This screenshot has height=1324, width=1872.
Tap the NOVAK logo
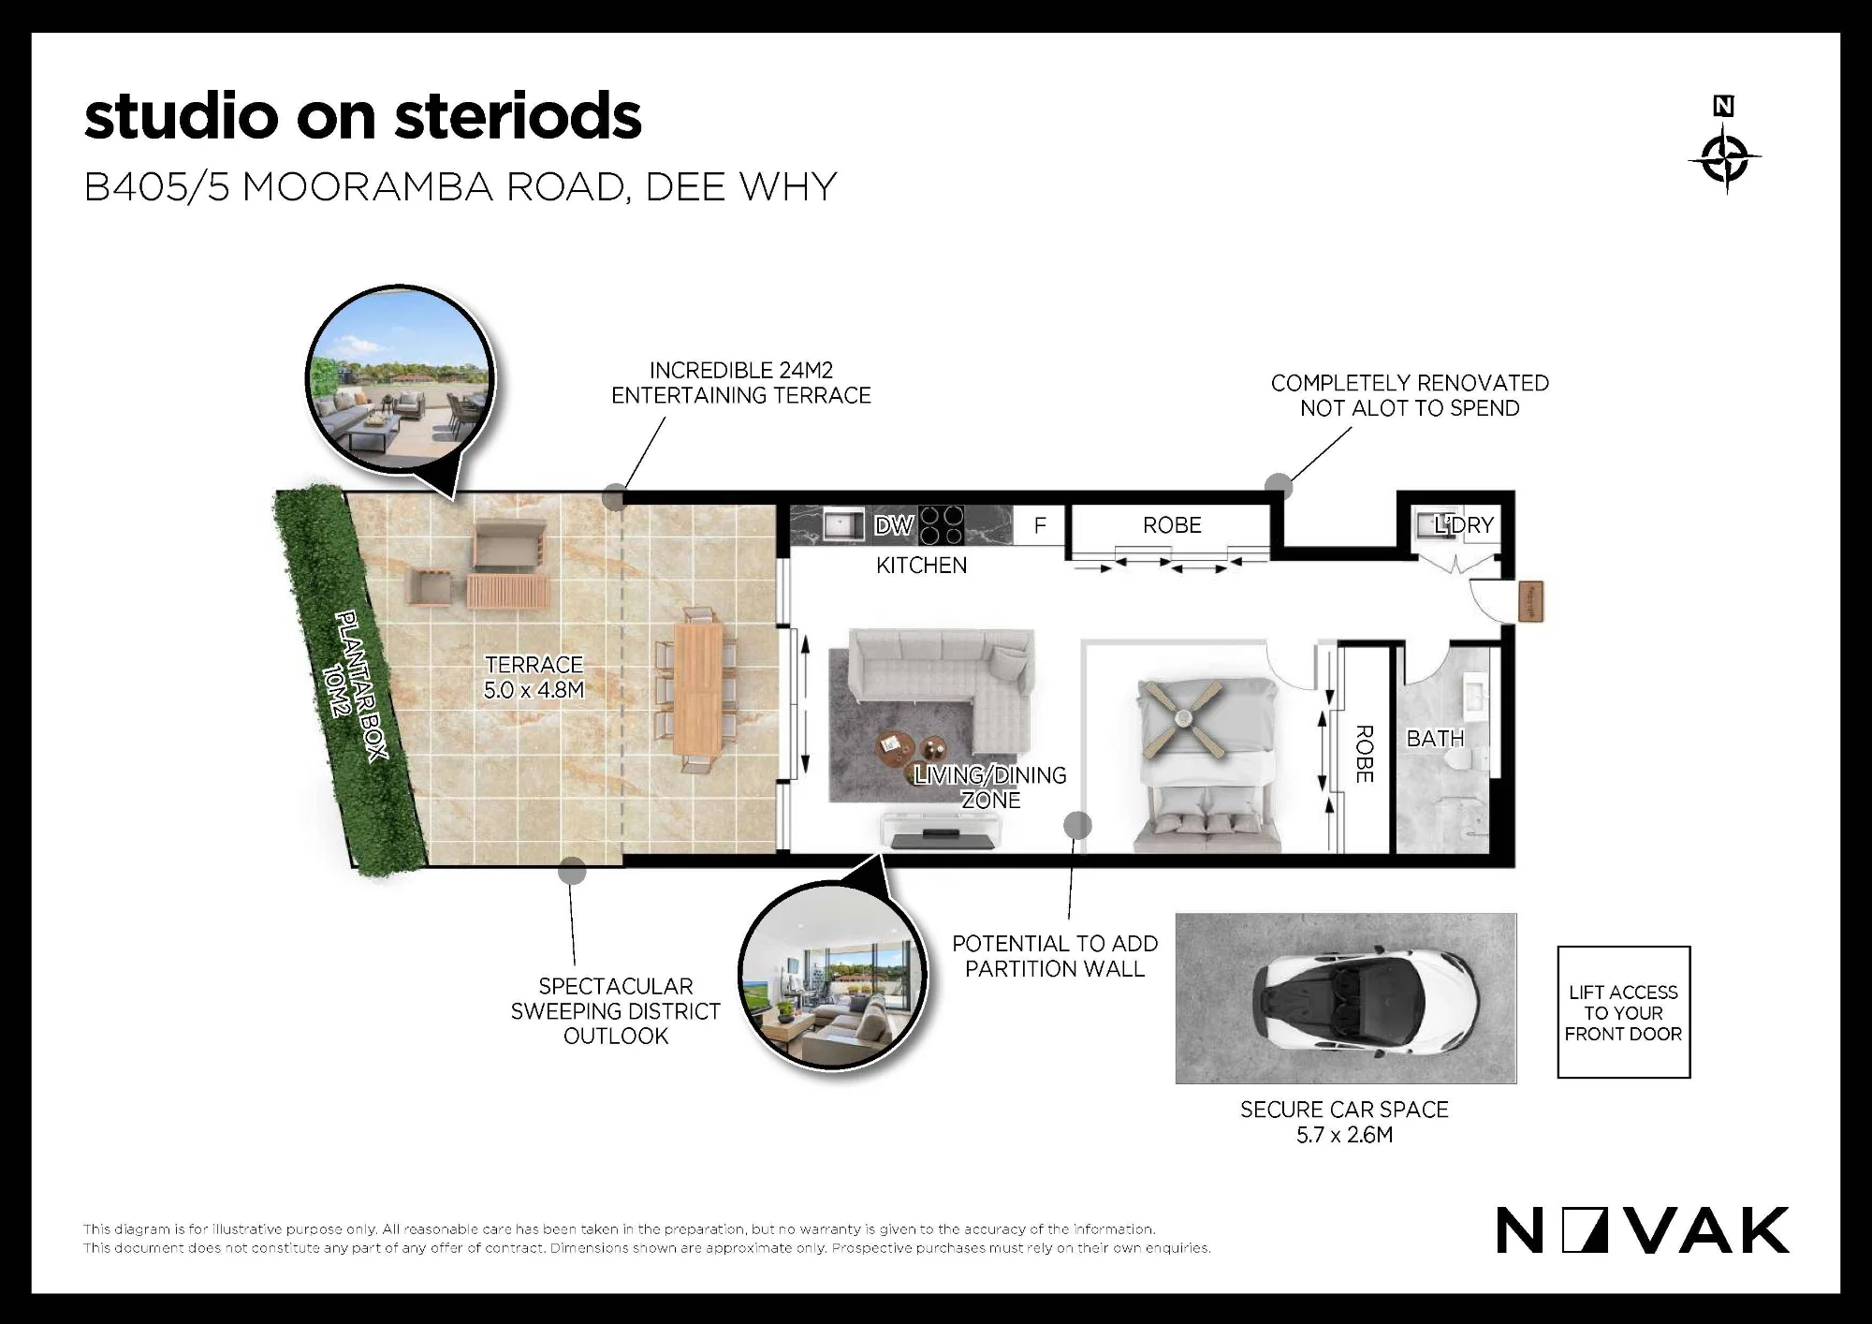coord(1643,1231)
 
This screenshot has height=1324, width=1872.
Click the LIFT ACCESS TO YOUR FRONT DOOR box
coord(1624,1012)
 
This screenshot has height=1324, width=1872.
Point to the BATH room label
coord(1435,739)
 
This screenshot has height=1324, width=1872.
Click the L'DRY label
coord(1464,525)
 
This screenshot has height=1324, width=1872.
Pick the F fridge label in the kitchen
coord(1040,525)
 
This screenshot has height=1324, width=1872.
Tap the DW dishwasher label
coord(893,525)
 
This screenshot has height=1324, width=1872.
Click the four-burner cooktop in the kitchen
coord(941,525)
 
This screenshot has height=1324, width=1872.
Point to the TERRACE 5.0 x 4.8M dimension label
coord(534,677)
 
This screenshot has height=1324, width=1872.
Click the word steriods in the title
coord(518,116)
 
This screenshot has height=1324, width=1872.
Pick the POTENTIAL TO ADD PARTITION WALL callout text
coord(1055,956)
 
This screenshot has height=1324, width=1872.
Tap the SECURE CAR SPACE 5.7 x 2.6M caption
coord(1345,1122)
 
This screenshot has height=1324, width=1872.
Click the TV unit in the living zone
coord(940,830)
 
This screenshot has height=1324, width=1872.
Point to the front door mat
coord(1531,601)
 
